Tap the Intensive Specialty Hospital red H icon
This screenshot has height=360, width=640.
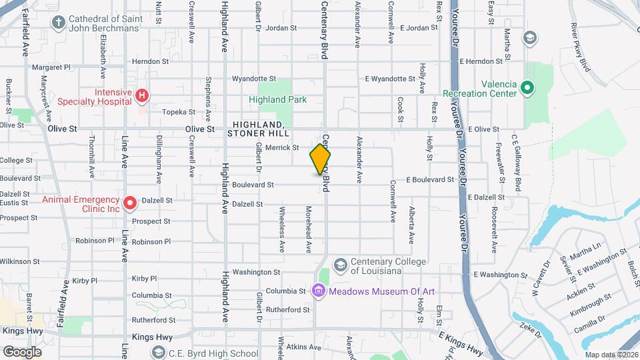click(141, 97)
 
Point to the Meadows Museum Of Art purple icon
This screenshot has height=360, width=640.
click(318, 290)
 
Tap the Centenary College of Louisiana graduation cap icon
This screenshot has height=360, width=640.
click(341, 265)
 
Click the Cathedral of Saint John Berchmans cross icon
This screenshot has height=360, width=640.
click(58, 23)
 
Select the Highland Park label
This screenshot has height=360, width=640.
click(277, 100)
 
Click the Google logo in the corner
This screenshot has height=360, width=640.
click(22, 351)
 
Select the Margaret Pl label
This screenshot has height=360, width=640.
click(51, 67)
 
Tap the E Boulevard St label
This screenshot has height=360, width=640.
click(430, 180)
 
